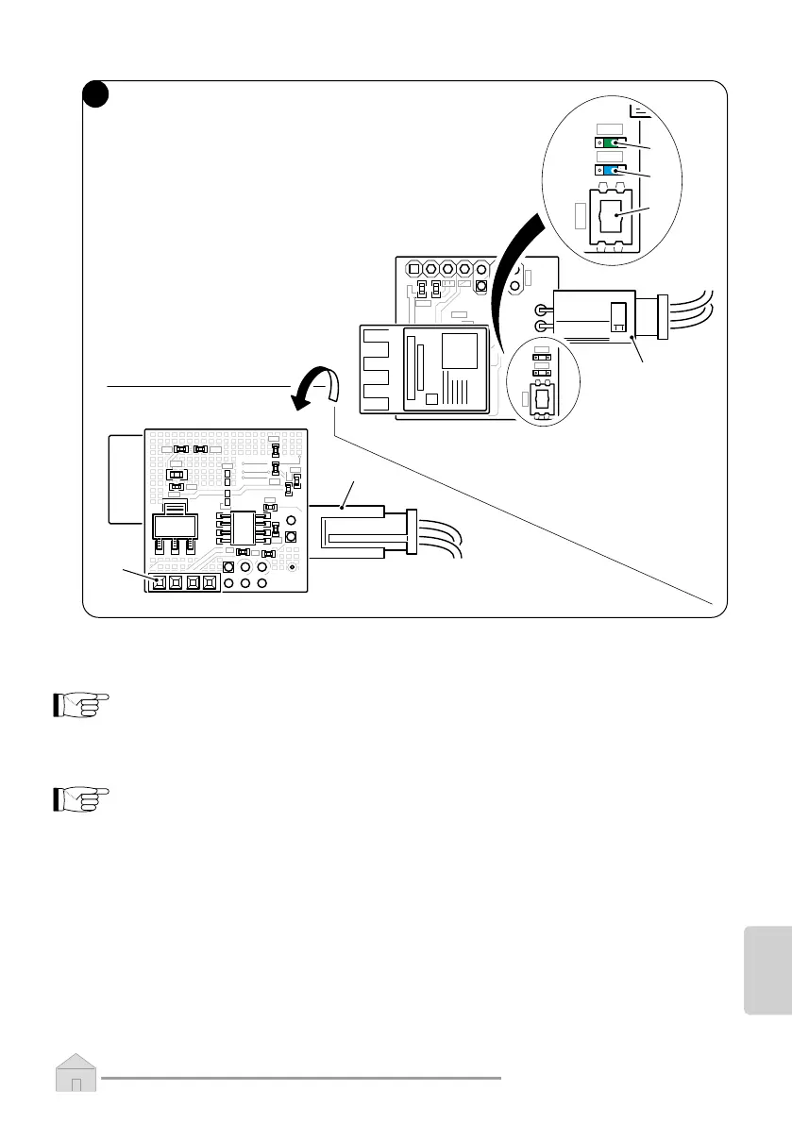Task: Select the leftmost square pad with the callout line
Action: coord(158,583)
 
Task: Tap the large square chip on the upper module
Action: coord(460,352)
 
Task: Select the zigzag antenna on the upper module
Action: coord(379,373)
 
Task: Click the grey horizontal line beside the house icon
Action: coord(301,1077)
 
